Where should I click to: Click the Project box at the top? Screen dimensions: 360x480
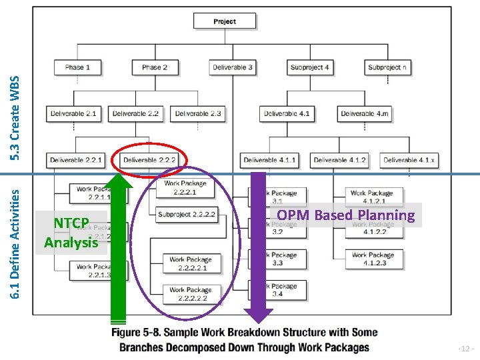225,21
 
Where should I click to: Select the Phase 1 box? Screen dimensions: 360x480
78,67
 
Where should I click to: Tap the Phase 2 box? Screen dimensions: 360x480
155,67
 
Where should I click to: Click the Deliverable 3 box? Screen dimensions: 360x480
233,67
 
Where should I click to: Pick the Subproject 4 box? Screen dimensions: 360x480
309,67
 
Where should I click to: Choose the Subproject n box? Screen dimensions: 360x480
387,67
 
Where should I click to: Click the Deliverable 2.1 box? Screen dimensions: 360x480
73,114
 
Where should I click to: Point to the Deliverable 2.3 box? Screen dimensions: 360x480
197,114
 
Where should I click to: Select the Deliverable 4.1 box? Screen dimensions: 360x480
287,114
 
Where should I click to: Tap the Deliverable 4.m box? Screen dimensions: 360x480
364,114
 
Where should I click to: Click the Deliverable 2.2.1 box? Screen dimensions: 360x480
76,160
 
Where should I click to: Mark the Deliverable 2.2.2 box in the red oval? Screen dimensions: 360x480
149,160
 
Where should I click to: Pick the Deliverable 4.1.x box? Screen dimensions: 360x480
409,160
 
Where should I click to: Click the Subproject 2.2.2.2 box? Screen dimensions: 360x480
186,215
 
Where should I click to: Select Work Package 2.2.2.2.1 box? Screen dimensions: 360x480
191,263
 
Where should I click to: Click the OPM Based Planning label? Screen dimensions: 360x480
345,215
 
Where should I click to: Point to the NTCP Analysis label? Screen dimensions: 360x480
71,232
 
